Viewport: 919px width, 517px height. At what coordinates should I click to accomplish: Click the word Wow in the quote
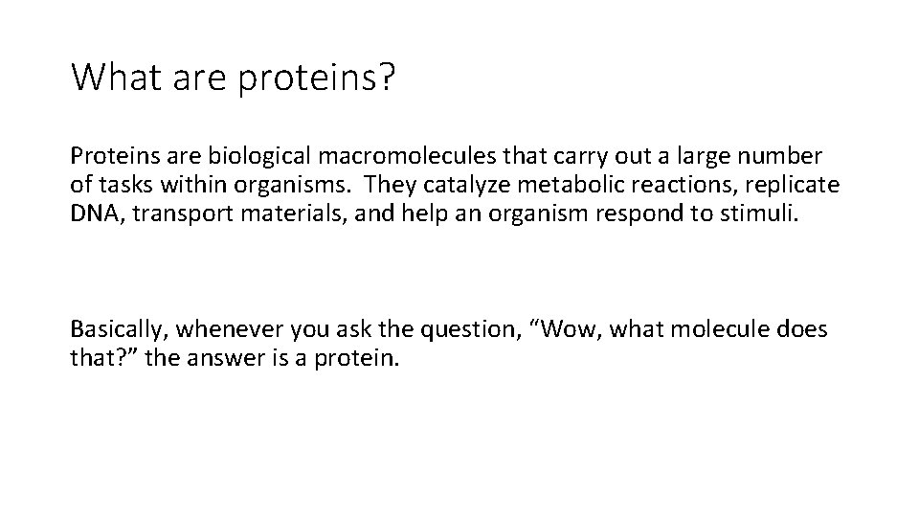[x=578, y=329]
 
